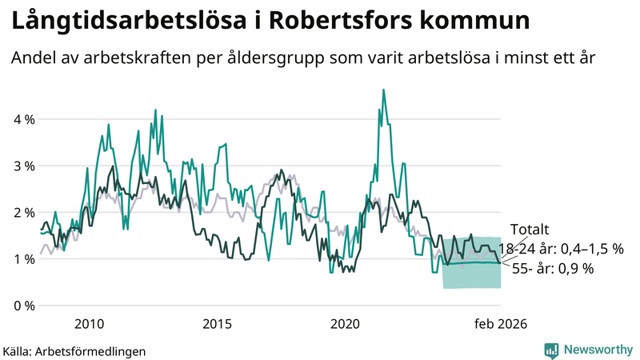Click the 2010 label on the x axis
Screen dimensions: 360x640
pyautogui.click(x=89, y=324)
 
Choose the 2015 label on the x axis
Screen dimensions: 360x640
pyautogui.click(x=217, y=324)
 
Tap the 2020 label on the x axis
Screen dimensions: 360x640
pyautogui.click(x=345, y=324)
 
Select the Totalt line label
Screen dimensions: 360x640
pyautogui.click(x=529, y=230)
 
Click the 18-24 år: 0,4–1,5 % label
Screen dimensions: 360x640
pyautogui.click(x=560, y=249)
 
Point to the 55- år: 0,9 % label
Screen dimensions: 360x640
pyautogui.click(x=552, y=269)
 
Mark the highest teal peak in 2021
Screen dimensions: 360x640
pyautogui.click(x=383, y=90)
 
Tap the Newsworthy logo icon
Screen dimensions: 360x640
pyautogui.click(x=551, y=350)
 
